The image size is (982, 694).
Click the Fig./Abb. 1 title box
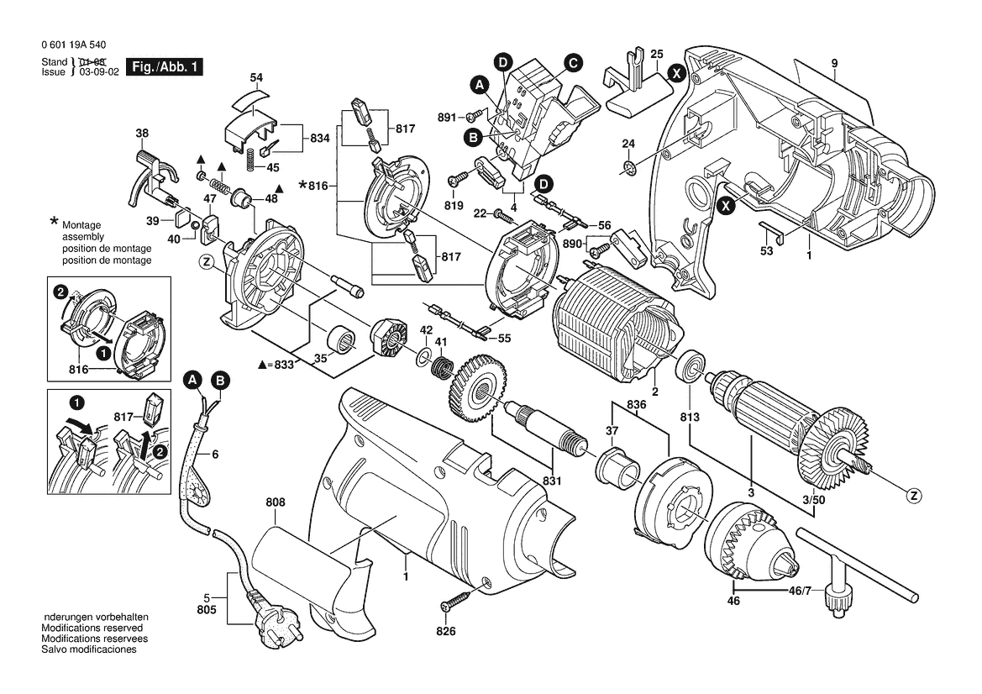click(165, 67)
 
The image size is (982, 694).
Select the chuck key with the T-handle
click(859, 573)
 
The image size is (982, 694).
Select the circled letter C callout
click(572, 63)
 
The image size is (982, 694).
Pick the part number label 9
click(835, 63)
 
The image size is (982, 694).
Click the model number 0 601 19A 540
click(74, 45)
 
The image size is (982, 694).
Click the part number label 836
click(636, 405)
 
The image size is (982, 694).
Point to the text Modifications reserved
click(92, 628)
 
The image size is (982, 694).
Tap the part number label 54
click(256, 77)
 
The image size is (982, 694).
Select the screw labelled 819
click(459, 179)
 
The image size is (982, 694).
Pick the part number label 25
click(657, 55)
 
